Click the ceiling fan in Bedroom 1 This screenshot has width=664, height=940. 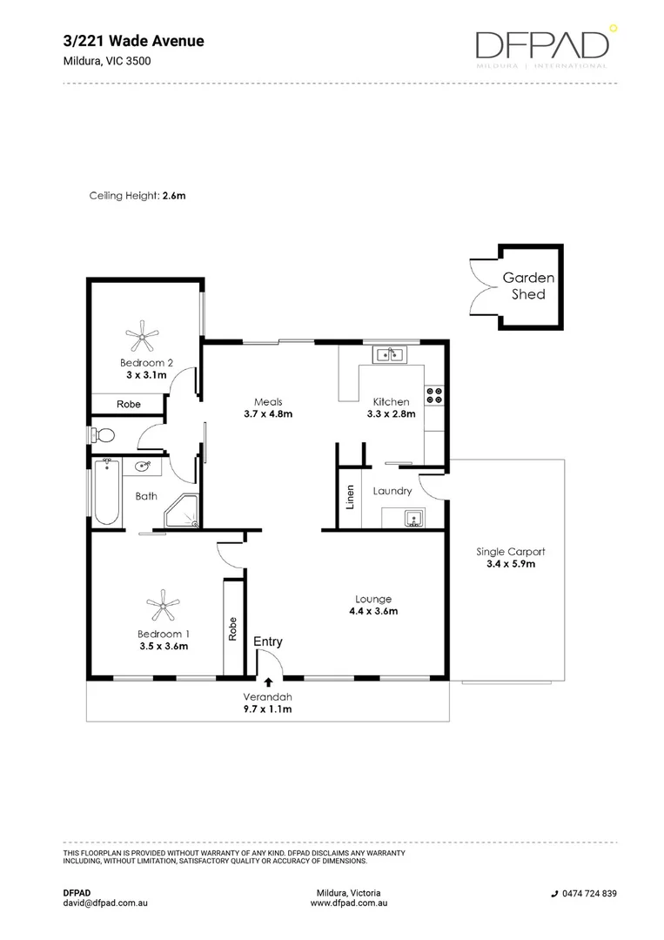(x=162, y=602)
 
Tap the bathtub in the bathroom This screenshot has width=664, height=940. (x=106, y=493)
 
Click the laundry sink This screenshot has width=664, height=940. (x=414, y=520)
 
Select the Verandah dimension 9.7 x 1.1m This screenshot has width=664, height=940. (x=267, y=709)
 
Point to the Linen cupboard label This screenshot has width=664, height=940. (x=350, y=496)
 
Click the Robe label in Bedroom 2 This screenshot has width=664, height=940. (x=129, y=404)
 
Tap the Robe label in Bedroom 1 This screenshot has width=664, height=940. (x=233, y=628)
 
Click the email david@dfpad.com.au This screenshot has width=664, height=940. (x=105, y=903)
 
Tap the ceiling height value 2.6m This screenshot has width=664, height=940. (x=174, y=196)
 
